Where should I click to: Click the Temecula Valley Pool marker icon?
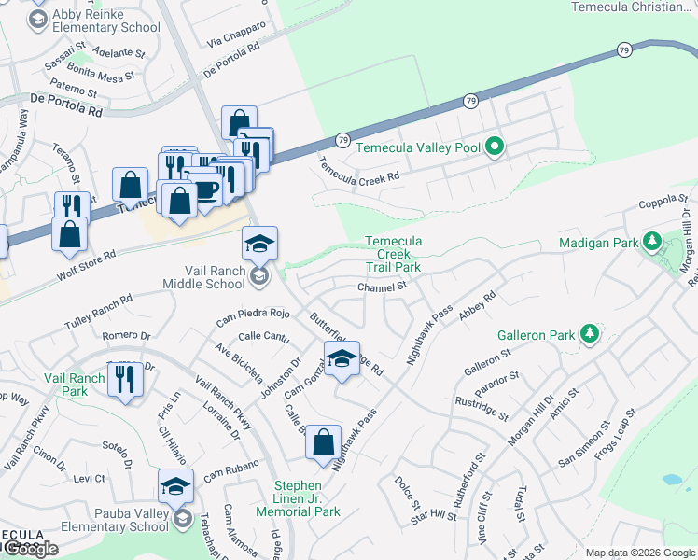pos(496,147)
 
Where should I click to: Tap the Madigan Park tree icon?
pos(652,243)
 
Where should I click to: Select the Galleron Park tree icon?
pos(589,333)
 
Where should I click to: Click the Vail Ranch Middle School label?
pos(203,276)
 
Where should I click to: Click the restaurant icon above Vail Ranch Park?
pos(125,379)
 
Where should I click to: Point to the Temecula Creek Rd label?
pos(358,169)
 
